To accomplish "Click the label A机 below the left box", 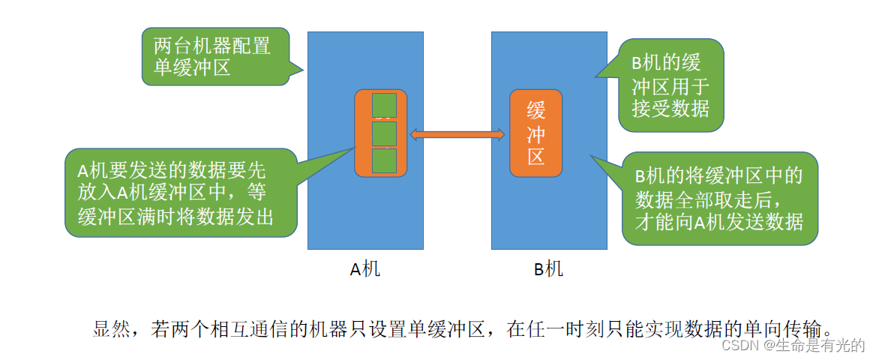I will [365, 269].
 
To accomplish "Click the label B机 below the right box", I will [548, 269].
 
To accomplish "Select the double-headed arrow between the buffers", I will [457, 134].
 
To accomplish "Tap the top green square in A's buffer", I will [384, 105].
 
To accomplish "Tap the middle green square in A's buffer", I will [384, 133].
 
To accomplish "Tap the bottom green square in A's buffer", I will [384, 160].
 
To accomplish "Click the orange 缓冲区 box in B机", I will [535, 133].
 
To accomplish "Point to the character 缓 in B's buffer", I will [535, 111].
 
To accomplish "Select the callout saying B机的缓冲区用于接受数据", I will [670, 85].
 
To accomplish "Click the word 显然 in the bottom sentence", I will [110, 328].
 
